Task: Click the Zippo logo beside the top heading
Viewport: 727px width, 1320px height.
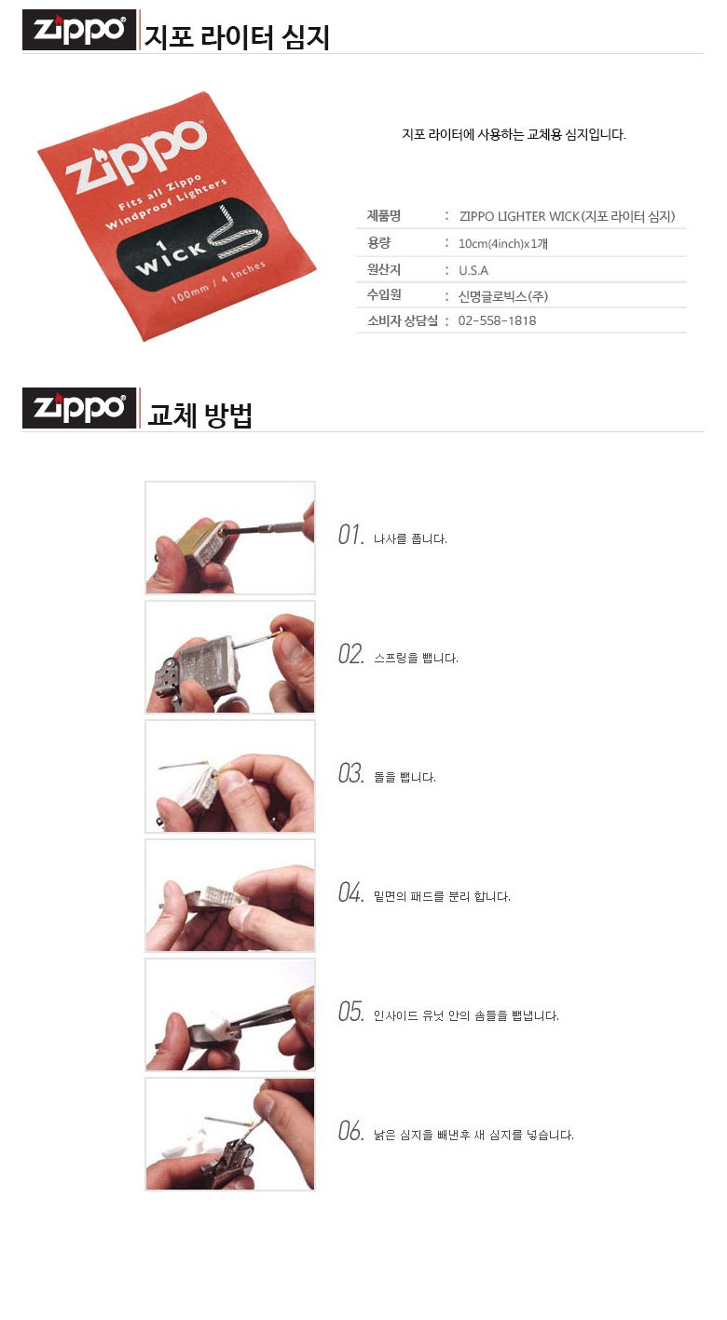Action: [79, 30]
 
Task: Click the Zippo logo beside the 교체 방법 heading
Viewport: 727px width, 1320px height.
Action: [79, 408]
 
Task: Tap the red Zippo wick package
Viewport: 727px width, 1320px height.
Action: [177, 216]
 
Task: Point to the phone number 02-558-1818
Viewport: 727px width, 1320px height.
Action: [497, 320]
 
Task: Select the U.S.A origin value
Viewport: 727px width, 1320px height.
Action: [473, 270]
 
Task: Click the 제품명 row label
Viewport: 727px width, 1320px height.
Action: [384, 216]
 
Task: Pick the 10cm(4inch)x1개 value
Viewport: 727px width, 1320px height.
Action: [503, 243]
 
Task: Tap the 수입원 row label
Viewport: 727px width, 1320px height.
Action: [384, 294]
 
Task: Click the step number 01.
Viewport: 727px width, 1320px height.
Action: [350, 535]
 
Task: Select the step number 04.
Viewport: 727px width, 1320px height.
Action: [350, 892]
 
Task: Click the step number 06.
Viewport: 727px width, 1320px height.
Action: [350, 1131]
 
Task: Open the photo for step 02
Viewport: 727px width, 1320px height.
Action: [230, 657]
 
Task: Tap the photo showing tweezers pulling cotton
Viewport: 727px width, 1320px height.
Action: [230, 1014]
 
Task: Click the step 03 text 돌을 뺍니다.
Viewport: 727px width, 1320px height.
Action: [405, 777]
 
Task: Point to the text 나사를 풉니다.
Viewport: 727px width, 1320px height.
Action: [410, 538]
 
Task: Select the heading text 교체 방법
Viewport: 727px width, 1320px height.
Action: [199, 415]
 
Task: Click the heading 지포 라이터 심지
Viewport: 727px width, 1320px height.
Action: [237, 37]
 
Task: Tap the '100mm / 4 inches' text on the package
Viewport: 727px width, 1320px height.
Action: [218, 281]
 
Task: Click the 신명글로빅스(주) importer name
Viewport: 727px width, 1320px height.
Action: [503, 296]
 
